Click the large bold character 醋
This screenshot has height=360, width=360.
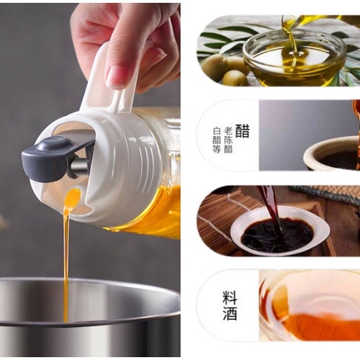(x=243, y=131)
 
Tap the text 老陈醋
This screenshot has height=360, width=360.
(x=228, y=140)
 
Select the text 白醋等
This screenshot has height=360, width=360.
(x=217, y=140)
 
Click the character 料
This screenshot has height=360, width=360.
(x=230, y=297)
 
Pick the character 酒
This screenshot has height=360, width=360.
(x=230, y=313)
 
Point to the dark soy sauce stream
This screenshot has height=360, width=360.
(x=271, y=207)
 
